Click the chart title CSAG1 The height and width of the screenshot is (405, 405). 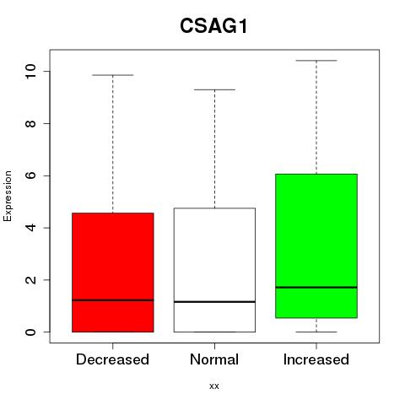pyautogui.click(x=213, y=26)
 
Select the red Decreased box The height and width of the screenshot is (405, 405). pyautogui.click(x=113, y=273)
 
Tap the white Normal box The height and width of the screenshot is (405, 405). pyautogui.click(x=214, y=270)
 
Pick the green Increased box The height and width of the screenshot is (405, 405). pyautogui.click(x=316, y=246)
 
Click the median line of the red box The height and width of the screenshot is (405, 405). pyautogui.click(x=113, y=300)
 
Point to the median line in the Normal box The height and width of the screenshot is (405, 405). pyautogui.click(x=214, y=302)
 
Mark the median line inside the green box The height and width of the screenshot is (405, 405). pyautogui.click(x=316, y=287)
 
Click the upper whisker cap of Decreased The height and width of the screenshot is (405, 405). pyautogui.click(x=113, y=75)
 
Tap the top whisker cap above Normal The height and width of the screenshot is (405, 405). pyautogui.click(x=214, y=89)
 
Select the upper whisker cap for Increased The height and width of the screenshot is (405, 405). pyautogui.click(x=316, y=61)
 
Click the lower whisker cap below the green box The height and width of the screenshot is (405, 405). pyautogui.click(x=316, y=332)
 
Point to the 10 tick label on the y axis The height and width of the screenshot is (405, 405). pyautogui.click(x=30, y=72)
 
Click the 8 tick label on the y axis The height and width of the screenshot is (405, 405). pyautogui.click(x=30, y=123)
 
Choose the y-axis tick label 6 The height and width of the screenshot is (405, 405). pyautogui.click(x=30, y=175)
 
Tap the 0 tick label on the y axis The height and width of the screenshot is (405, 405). pyautogui.click(x=30, y=332)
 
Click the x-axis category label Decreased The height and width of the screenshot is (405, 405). pyautogui.click(x=112, y=359)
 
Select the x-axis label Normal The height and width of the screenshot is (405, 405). pyautogui.click(x=214, y=359)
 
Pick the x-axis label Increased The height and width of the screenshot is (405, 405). pyautogui.click(x=316, y=359)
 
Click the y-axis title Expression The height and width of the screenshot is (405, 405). pyautogui.click(x=8, y=196)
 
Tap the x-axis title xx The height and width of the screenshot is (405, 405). pyautogui.click(x=214, y=386)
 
